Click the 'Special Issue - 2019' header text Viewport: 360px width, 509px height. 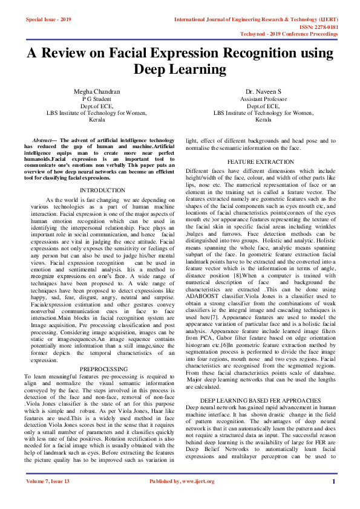pyautogui.click(x=48, y=19)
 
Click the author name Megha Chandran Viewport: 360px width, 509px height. pyautogui.click(x=97, y=92)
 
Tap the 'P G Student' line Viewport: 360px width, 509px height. pyautogui.click(x=97, y=99)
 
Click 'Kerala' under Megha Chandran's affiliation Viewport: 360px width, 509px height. pyautogui.click(x=97, y=120)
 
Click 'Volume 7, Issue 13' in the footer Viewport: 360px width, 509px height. pyautogui.click(x=48, y=498)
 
